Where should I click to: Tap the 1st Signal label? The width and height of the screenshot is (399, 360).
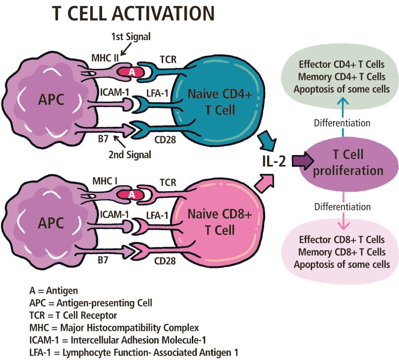click(130, 36)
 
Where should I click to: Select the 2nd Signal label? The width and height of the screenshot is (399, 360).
click(130, 154)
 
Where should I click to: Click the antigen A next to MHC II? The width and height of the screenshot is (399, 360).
click(131, 72)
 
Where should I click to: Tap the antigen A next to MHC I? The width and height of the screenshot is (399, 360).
click(131, 195)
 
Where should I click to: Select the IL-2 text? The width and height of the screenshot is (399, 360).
click(274, 161)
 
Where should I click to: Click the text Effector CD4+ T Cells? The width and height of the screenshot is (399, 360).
click(341, 65)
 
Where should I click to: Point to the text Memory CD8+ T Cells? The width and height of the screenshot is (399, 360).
click(341, 253)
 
